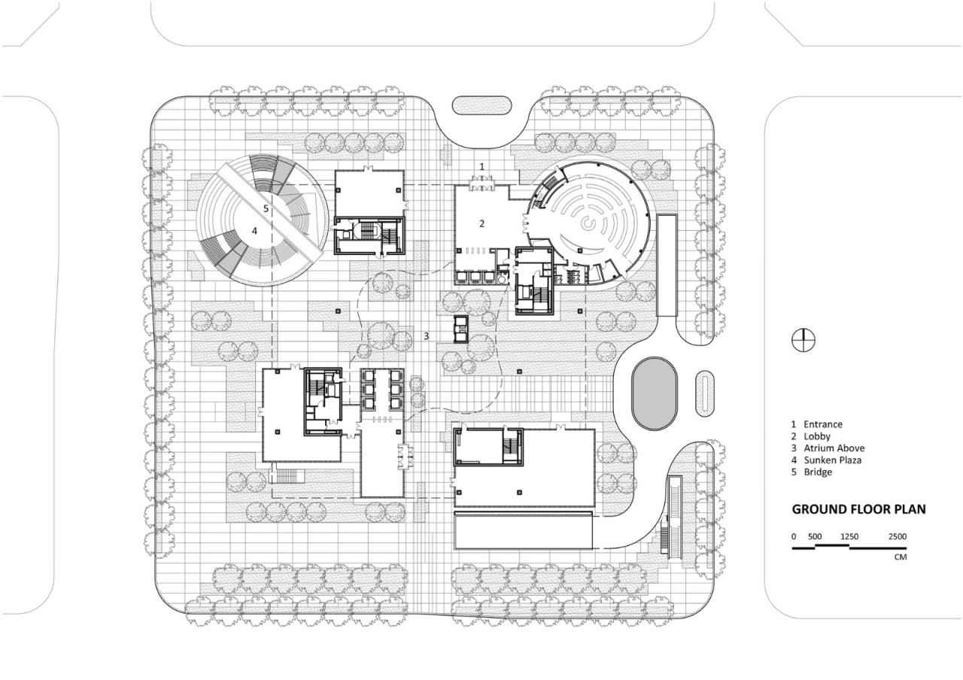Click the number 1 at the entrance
[x=483, y=165]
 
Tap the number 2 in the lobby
[x=483, y=223]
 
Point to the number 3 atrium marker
[x=426, y=336]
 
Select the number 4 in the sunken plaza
[x=254, y=231]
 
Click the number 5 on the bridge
[x=266, y=208]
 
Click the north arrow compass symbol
[x=803, y=340]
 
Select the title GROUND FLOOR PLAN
[x=858, y=509]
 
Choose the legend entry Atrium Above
[x=834, y=448]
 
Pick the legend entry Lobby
[x=816, y=436]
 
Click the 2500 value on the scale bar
[x=897, y=536]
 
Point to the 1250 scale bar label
[x=849, y=536]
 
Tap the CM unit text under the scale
[x=900, y=557]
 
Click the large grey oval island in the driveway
[x=654, y=393]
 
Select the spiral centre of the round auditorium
[x=588, y=223]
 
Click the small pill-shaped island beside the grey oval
[x=703, y=393]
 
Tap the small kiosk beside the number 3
[x=460, y=329]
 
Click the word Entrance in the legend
[x=822, y=424]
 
